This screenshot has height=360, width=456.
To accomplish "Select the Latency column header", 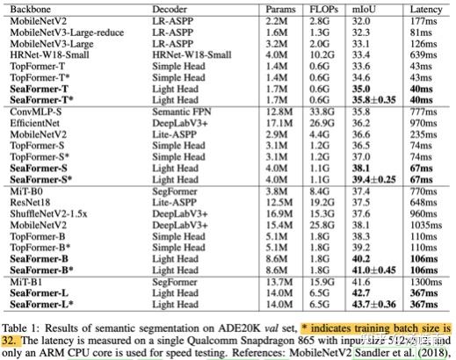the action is tap(425, 10).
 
